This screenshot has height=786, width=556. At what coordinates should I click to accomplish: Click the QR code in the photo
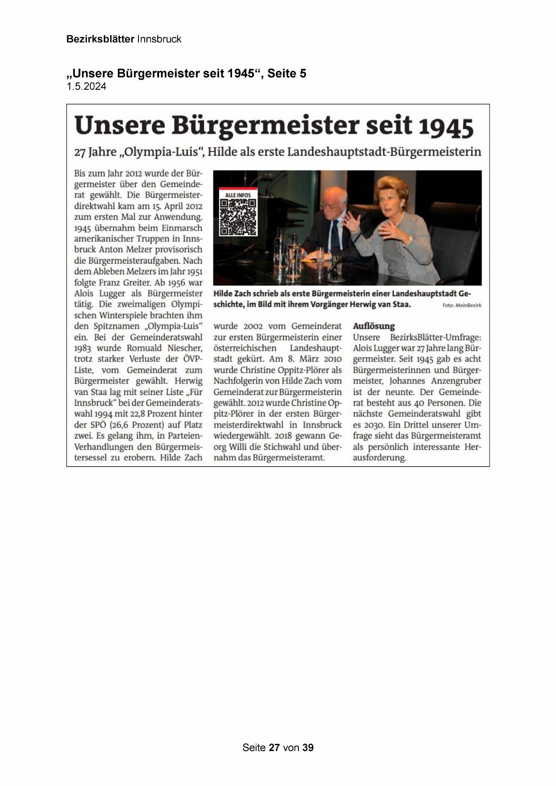pos(238,217)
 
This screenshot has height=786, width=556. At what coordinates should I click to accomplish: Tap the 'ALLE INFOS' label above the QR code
pos(238,195)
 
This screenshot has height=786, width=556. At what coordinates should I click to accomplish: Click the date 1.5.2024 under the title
pos(86,87)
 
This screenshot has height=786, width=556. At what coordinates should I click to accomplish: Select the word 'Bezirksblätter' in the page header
pos(100,39)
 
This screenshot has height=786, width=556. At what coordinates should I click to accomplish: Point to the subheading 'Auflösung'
pos(374,326)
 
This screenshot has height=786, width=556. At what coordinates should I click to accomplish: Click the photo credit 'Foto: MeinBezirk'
pos(462,305)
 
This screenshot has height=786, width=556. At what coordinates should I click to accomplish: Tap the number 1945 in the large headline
pos(446,127)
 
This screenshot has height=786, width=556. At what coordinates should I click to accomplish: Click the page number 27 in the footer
pos(274,747)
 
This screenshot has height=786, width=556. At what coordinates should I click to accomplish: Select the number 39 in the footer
pos(308,747)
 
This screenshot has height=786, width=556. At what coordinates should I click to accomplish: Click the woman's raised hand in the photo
pos(352,221)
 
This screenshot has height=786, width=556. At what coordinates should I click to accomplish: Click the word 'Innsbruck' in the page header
pos(159,39)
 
